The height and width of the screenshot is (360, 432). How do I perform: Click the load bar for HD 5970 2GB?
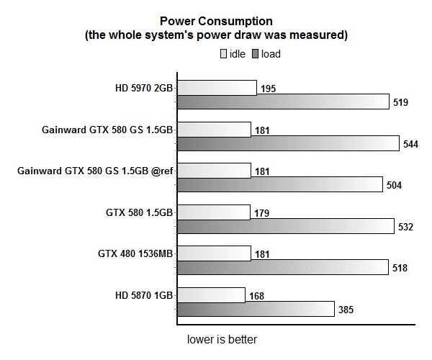pyautogui.click(x=283, y=102)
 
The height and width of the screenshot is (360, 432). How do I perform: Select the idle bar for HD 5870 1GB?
pyautogui.click(x=211, y=295)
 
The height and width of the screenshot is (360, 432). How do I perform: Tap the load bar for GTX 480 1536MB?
pyautogui.click(x=282, y=268)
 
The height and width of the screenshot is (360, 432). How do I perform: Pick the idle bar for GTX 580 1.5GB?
pyautogui.click(x=214, y=212)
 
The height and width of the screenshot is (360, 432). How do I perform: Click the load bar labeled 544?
pyautogui.click(x=288, y=143)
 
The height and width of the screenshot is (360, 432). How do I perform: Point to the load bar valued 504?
pyautogui.click(x=279, y=185)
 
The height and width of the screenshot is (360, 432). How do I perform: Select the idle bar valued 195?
pyautogui.click(x=217, y=88)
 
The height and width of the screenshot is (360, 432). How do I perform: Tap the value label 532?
pyautogui.click(x=406, y=227)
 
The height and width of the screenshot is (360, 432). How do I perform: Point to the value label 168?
pyautogui.click(x=256, y=295)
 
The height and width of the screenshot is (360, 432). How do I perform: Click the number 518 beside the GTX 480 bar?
pyautogui.click(x=400, y=268)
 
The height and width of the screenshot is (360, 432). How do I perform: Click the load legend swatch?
pyautogui.click(x=256, y=53)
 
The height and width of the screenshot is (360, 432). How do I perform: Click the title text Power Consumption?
pyautogui.click(x=216, y=21)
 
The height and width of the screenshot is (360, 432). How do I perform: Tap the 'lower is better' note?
pyautogui.click(x=222, y=339)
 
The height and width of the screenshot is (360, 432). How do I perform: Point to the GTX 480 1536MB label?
pyautogui.click(x=135, y=254)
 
